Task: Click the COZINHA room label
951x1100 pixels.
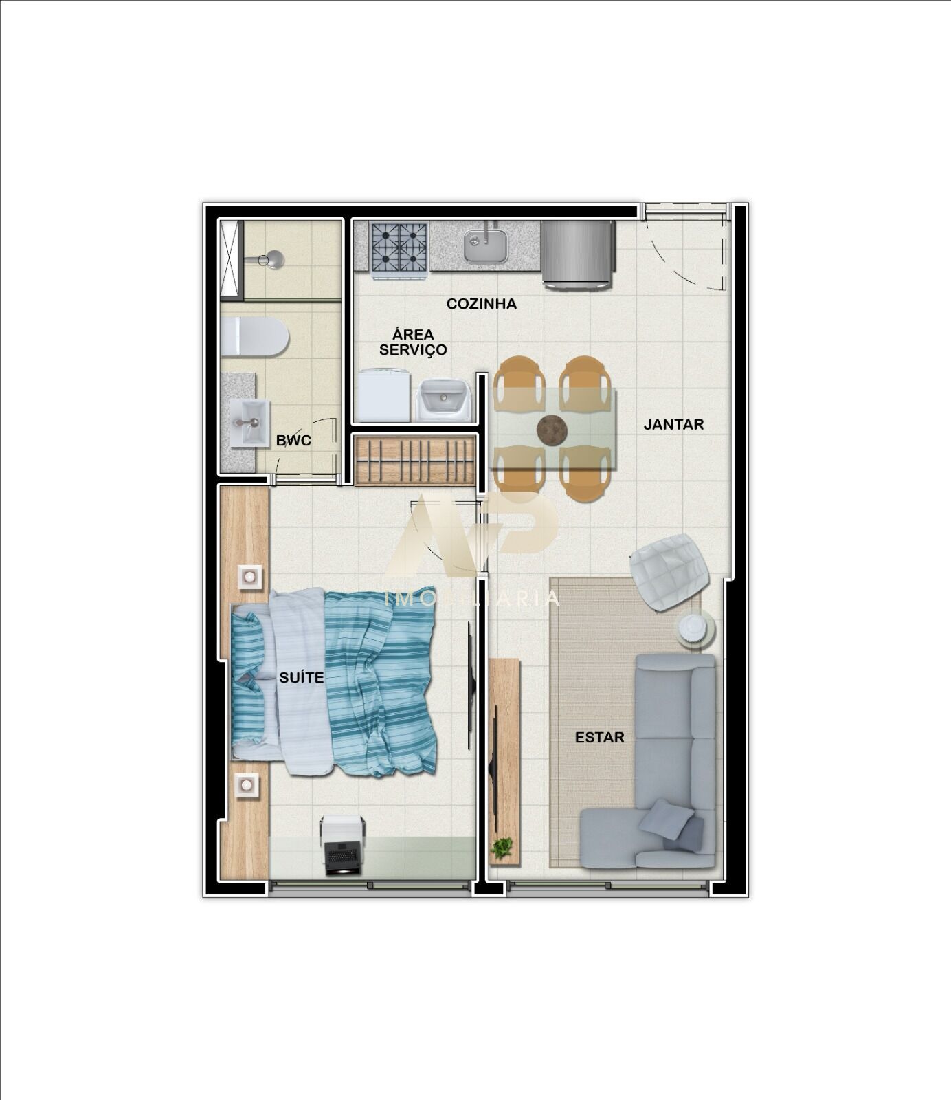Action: pos(481,304)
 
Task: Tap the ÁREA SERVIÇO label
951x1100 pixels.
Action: pos(413,342)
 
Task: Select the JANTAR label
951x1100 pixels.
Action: pos(673,424)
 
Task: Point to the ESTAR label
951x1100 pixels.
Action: pos(599,738)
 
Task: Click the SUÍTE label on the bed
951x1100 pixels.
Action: pos(301,678)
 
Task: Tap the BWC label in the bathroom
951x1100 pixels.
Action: pos(293,441)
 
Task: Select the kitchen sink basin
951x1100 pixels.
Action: pos(486,245)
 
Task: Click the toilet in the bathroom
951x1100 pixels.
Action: pos(254,337)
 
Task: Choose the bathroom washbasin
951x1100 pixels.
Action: pos(249,423)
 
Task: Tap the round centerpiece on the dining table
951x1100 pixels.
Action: pos(552,430)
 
